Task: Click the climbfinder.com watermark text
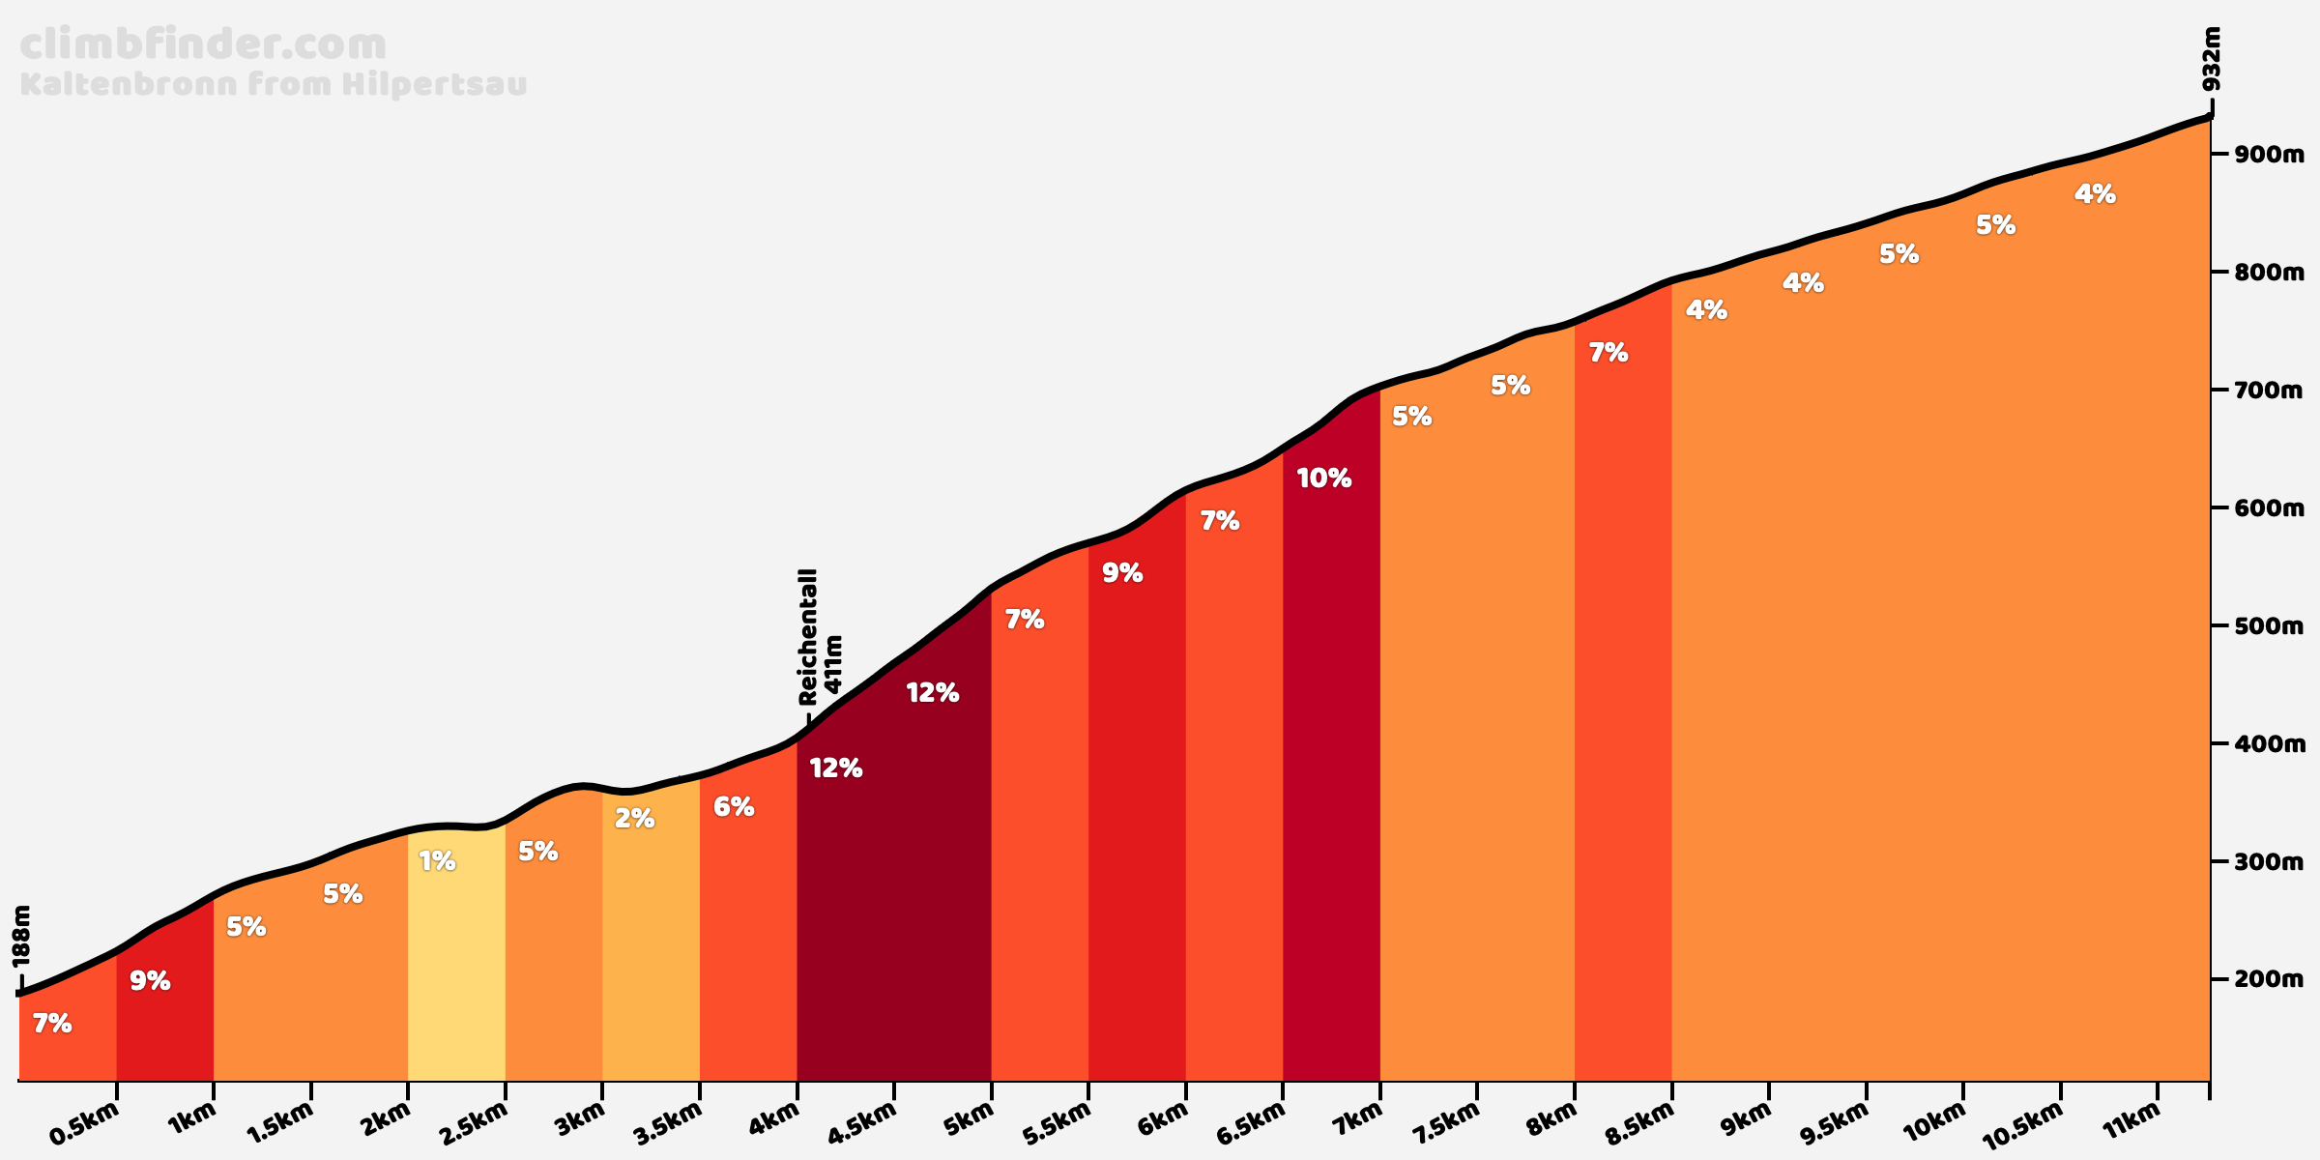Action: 203,45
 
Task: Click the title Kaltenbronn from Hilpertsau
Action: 274,85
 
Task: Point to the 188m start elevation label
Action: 22,936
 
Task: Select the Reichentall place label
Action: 808,636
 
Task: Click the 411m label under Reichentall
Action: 833,665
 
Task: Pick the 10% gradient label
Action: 1323,478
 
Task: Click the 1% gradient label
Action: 437,861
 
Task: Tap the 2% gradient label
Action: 634,819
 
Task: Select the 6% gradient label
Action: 733,807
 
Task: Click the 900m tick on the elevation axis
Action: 2268,155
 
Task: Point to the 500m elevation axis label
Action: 2268,626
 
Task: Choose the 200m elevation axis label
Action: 2268,980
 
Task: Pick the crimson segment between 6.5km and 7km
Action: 1331,773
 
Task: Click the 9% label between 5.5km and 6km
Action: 1122,573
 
